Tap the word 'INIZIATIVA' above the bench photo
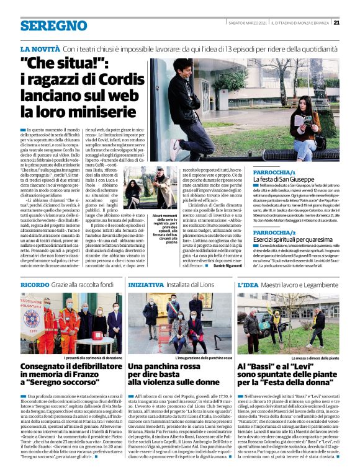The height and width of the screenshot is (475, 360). tap(146, 285)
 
